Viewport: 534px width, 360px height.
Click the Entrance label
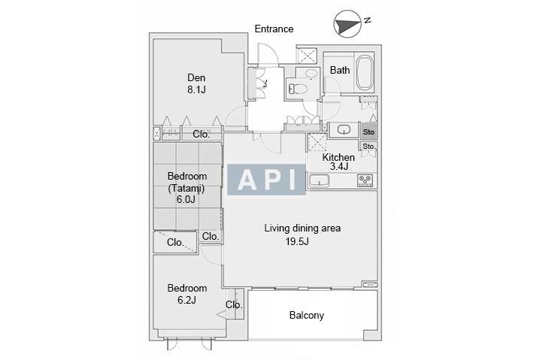tap(274, 29)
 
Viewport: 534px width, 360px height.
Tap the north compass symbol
tap(347, 24)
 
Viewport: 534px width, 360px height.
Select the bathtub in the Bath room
tap(365, 72)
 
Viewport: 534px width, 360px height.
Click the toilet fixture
tap(298, 89)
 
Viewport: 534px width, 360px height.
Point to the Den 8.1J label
tap(196, 83)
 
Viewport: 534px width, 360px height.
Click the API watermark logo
tap(266, 180)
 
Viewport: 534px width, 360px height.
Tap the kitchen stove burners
tap(365, 180)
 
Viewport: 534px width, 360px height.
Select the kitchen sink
tap(319, 180)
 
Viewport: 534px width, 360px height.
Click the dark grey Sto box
tap(369, 132)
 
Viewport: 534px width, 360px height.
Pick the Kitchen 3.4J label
tap(338, 162)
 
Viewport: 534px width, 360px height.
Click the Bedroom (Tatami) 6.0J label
tap(187, 188)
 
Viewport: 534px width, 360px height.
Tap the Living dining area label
tap(302, 228)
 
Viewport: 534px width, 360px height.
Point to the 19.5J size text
tap(297, 241)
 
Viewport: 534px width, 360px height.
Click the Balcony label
tap(307, 315)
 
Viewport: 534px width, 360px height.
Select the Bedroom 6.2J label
tap(187, 294)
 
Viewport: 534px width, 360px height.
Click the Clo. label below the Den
tap(202, 134)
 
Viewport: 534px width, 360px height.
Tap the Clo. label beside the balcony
tap(234, 304)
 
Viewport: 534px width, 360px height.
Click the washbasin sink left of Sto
tap(344, 129)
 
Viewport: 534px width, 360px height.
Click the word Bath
tap(340, 70)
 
